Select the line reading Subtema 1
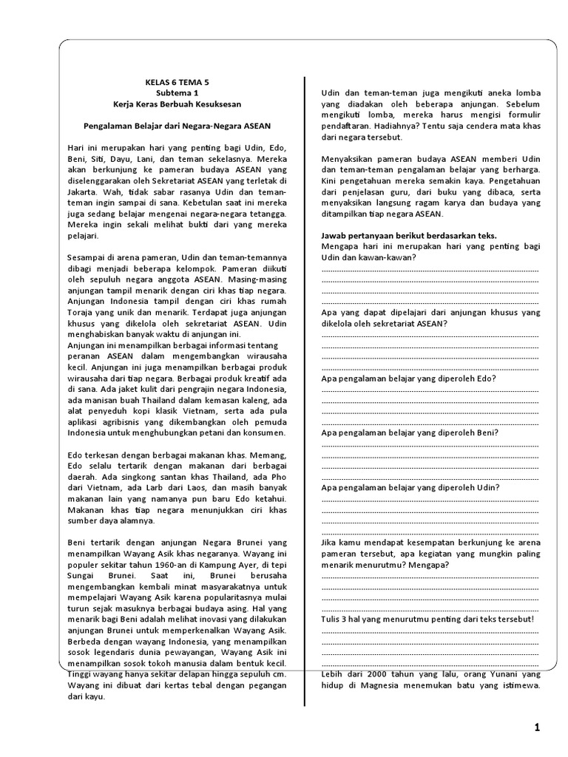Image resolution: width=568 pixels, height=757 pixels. pyautogui.click(x=177, y=93)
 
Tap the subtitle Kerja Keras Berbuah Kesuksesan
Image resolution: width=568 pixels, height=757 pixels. pyautogui.click(x=177, y=104)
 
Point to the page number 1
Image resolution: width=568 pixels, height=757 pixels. pyautogui.click(x=537, y=728)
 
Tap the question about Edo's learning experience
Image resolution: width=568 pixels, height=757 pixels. pyautogui.click(x=408, y=378)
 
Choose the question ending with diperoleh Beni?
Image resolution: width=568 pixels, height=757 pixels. pyautogui.click(x=410, y=432)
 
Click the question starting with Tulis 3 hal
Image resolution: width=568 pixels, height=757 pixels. pyautogui.click(x=427, y=618)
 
